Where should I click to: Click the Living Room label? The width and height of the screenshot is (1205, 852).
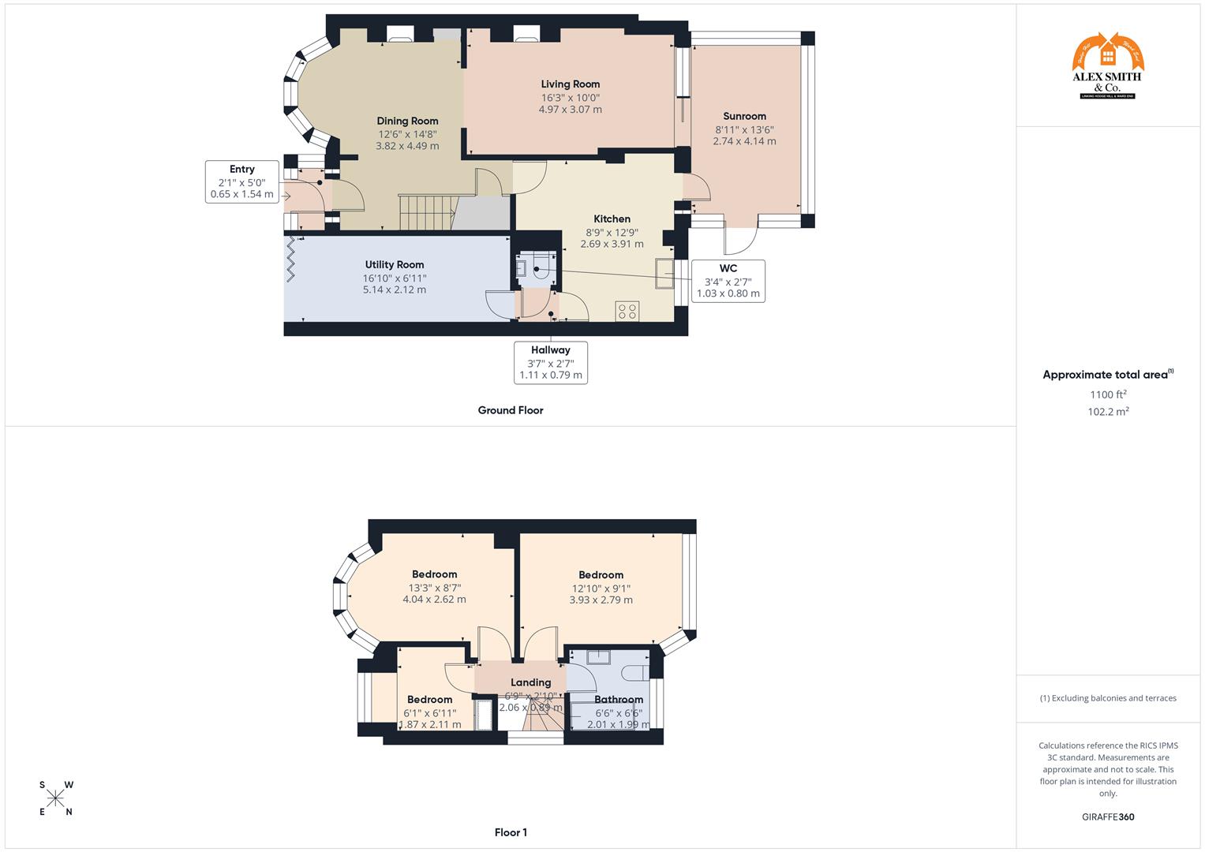point(570,84)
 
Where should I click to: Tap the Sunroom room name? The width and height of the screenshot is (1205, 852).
point(744,117)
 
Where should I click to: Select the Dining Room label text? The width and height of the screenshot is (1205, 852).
point(407,121)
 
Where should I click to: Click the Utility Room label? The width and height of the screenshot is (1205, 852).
point(395,265)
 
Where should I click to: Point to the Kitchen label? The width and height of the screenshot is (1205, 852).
point(612,219)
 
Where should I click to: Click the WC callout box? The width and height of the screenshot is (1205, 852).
point(728,281)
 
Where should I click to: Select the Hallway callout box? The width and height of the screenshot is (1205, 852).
point(550,362)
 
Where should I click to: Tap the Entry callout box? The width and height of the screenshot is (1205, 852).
point(241,181)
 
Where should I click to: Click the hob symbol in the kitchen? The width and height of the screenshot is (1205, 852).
point(627,311)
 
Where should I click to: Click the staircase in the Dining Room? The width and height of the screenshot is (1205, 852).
point(427,213)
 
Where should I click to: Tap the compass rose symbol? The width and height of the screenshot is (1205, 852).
point(55,798)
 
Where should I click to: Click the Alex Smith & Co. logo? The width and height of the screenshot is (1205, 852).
point(1107,66)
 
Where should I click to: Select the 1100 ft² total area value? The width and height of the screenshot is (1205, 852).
point(1108,394)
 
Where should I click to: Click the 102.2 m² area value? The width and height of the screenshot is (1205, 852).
point(1108,412)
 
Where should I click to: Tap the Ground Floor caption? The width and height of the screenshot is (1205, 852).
point(511,410)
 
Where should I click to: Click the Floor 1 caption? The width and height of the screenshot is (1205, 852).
point(511,832)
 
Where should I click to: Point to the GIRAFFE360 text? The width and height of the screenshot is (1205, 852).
point(1107,817)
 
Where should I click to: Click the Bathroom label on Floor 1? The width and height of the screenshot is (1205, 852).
point(619,700)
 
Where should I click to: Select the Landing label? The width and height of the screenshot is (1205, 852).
point(530,682)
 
